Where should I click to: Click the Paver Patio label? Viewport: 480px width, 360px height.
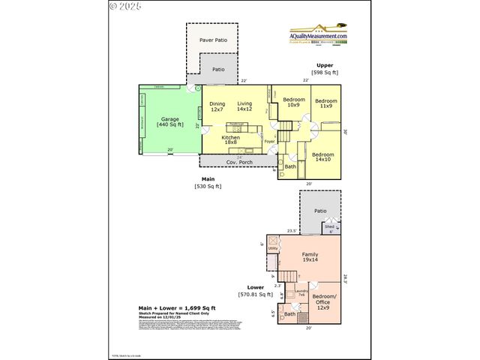coord(213,40)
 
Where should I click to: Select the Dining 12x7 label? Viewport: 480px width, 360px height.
coord(217,107)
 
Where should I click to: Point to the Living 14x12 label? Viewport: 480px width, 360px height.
coord(245,107)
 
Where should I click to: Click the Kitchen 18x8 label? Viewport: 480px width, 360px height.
coord(230,140)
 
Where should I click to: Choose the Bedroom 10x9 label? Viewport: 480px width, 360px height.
coord(293,103)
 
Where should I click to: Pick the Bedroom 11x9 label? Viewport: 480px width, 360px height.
coord(325,103)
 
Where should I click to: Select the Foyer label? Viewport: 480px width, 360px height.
coord(269,140)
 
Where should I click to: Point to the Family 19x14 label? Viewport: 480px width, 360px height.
coord(310,257)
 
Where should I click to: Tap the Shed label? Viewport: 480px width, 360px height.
coord(329,226)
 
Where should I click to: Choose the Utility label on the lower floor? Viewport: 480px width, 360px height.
coord(273,248)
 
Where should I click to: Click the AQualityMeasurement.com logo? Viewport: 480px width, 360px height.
coord(319,34)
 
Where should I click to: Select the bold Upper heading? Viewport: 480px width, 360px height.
coord(325,65)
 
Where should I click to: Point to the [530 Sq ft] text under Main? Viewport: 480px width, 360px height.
coord(208,186)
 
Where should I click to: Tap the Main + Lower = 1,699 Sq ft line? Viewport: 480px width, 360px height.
coord(177,307)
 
